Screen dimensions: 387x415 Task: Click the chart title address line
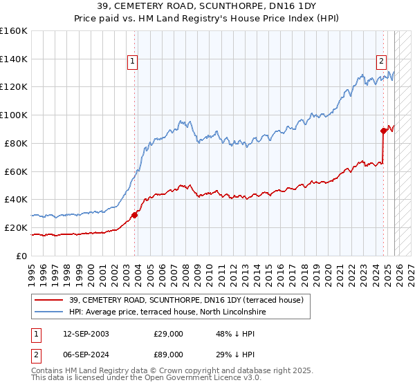click(207, 6)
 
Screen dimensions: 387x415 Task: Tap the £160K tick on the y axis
click(14, 31)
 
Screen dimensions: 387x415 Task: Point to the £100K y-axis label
click(14, 115)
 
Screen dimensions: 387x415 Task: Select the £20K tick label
click(15, 227)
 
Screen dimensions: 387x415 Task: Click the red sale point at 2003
click(135, 215)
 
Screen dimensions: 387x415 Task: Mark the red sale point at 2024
click(383, 130)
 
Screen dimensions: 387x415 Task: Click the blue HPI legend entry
click(167, 312)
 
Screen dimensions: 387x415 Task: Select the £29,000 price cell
click(168, 334)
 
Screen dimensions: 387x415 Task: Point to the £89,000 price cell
click(168, 355)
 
